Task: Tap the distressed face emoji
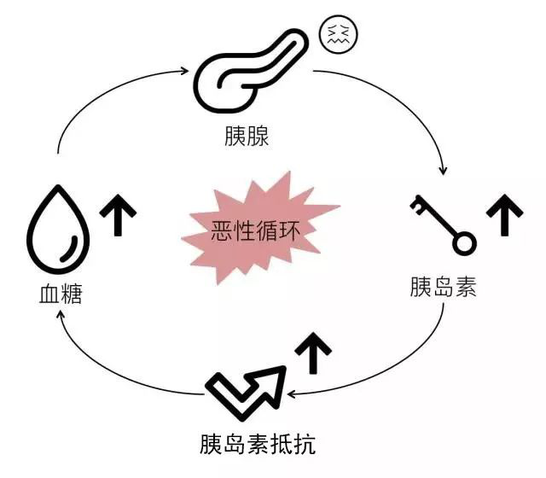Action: tap(338, 34)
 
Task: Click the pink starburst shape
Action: tap(256, 229)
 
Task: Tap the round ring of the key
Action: tap(462, 244)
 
